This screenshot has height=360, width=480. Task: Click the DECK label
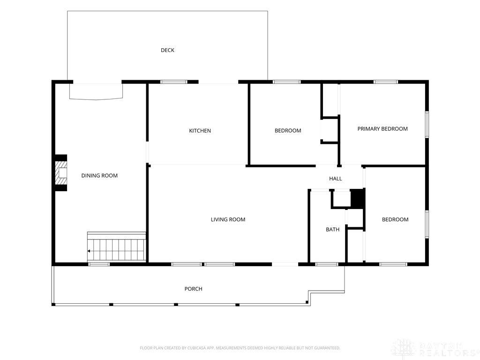point(167,50)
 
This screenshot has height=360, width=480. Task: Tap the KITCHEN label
point(200,131)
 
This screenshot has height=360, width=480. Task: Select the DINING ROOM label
point(99,175)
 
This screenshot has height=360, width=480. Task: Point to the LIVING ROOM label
point(228,219)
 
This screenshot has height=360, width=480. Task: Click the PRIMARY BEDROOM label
point(382,129)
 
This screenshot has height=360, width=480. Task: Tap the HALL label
point(336,179)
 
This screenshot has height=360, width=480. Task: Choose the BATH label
point(332,229)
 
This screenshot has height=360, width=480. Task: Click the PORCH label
point(194,289)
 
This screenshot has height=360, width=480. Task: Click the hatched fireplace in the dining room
point(61,173)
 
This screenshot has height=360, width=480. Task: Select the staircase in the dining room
point(116,247)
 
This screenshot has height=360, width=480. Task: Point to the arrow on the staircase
point(89,251)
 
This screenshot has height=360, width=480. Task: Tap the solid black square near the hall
point(357,198)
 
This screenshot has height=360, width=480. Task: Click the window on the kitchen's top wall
point(174,82)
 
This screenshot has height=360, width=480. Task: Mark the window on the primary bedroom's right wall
point(427,125)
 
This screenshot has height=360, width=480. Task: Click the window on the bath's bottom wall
point(327,264)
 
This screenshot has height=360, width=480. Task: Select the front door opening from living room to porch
point(285,264)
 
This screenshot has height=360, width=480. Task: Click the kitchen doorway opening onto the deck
point(218,82)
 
